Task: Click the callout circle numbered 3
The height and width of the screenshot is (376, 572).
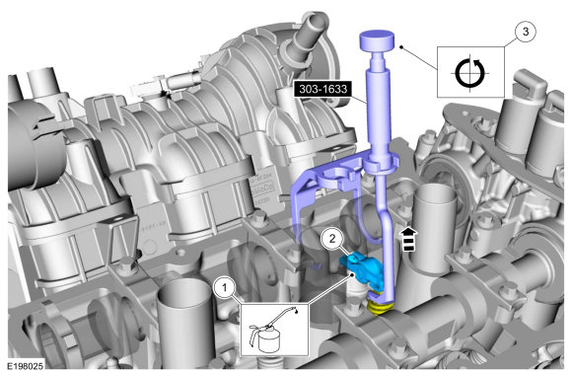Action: tap(526, 32)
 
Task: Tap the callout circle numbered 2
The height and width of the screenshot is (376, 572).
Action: tap(332, 239)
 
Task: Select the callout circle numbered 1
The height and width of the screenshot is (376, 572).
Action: tap(224, 288)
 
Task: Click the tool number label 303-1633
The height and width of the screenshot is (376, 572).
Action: tap(323, 89)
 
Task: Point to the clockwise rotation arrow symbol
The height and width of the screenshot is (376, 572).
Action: tap(470, 73)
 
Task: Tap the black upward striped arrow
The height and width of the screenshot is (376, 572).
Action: tap(409, 240)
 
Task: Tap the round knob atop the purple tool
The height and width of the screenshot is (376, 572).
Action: tap(377, 40)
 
